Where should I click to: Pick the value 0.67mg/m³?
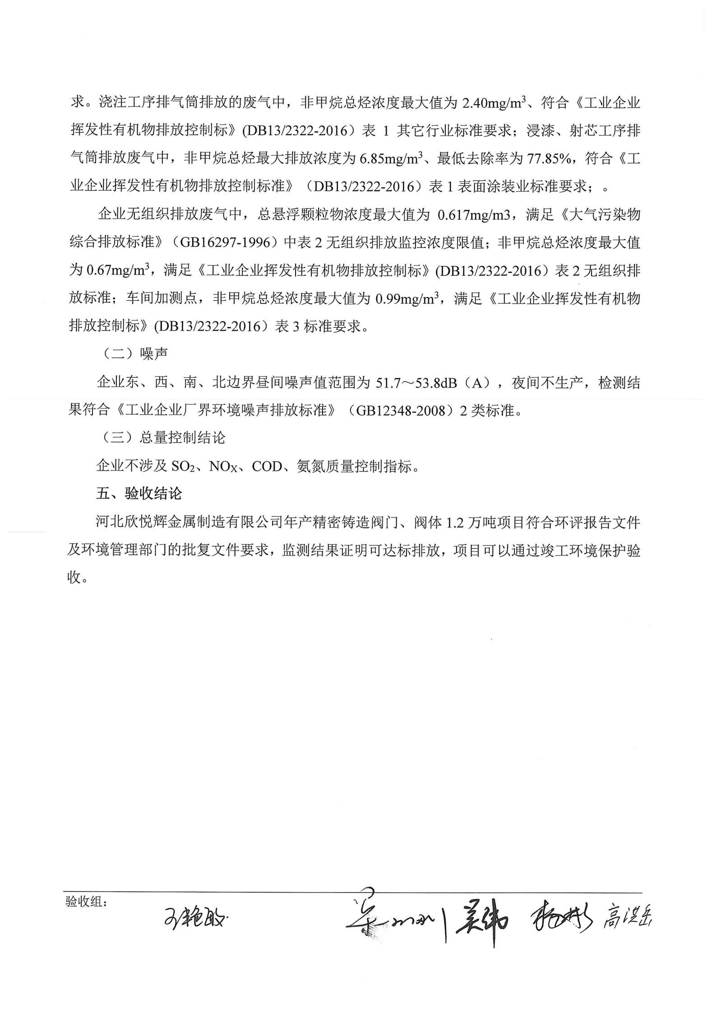point(118,270)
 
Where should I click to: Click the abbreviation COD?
point(267,467)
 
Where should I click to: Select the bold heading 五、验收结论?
point(139,494)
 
